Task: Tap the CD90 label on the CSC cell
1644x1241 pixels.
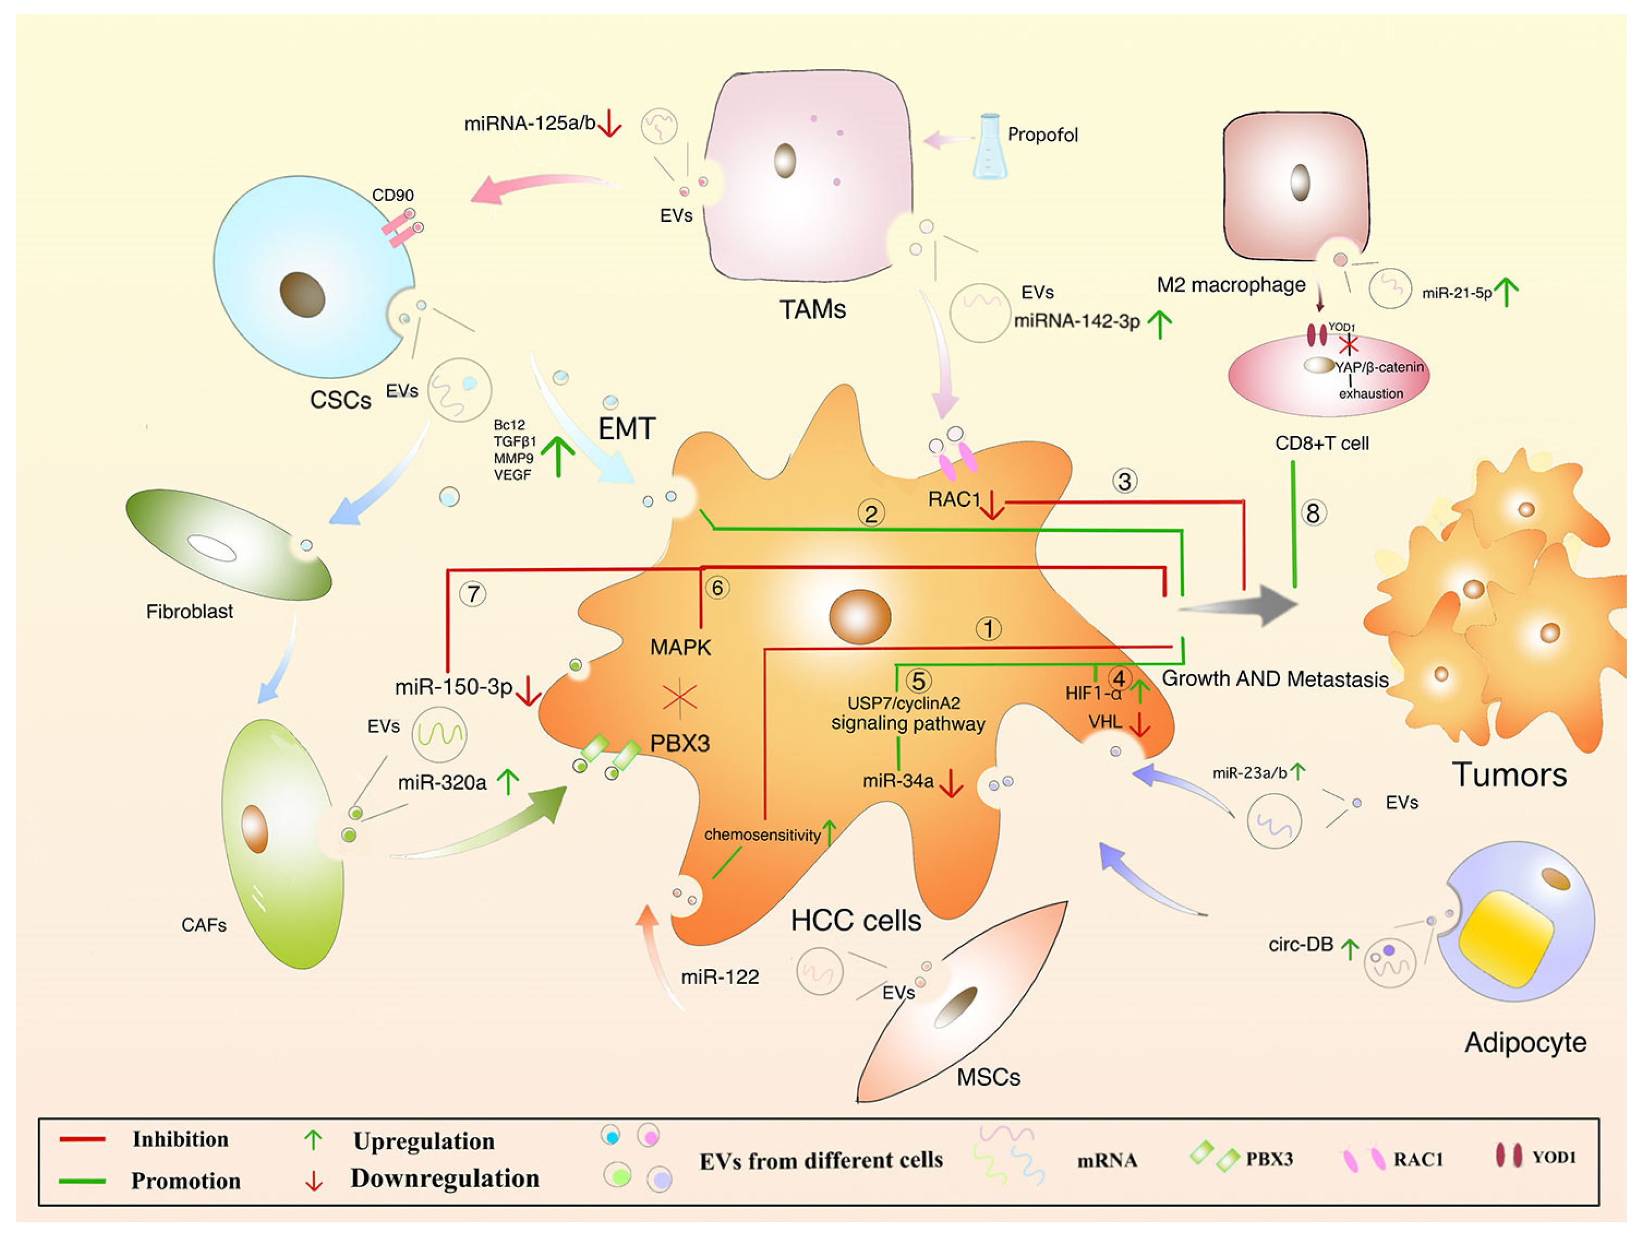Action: [x=392, y=196]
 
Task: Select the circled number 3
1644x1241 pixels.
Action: [x=1124, y=481]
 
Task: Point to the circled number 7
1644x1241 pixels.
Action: [x=473, y=594]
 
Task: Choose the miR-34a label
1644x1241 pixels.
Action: [x=898, y=780]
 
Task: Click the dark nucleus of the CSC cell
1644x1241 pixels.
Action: [x=303, y=294]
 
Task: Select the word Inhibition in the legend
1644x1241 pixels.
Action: [x=180, y=1139]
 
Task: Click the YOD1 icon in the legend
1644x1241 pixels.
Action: [x=1509, y=1156]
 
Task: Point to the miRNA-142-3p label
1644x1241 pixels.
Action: [x=1076, y=321]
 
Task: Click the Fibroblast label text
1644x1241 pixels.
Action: [x=189, y=612]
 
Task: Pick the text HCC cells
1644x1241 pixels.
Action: [x=855, y=921]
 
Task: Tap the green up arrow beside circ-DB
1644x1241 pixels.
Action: [x=1350, y=948]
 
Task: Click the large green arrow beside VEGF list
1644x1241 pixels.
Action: [x=558, y=455]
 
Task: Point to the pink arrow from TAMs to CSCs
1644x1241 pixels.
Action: [x=543, y=186]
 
